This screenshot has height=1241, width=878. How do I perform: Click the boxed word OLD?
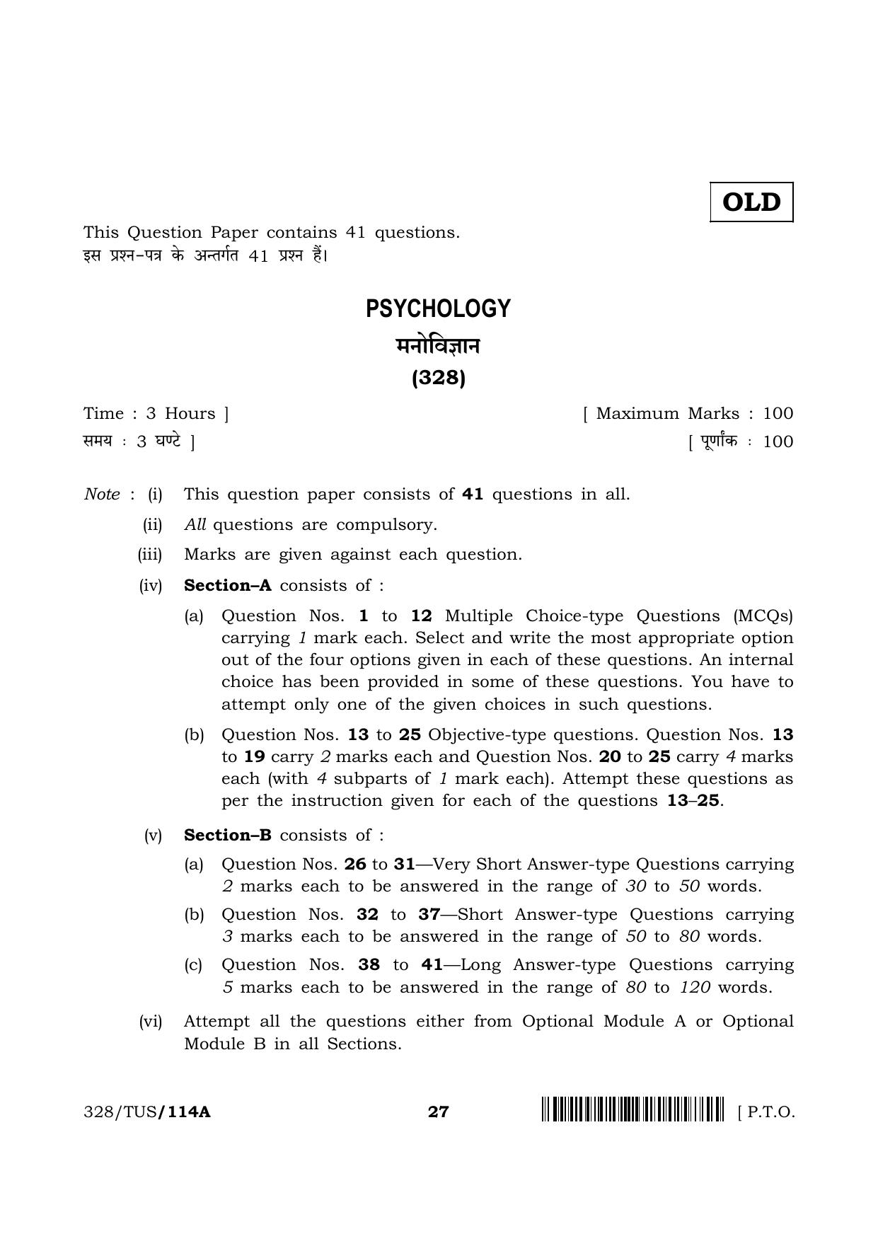(751, 202)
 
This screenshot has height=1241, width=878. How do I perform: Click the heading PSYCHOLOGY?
(438, 309)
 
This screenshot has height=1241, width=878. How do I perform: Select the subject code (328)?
(439, 379)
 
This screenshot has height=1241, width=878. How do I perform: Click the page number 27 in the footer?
(439, 1112)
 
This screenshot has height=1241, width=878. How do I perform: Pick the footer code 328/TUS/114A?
(147, 1112)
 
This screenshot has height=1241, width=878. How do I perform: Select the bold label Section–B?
(228, 835)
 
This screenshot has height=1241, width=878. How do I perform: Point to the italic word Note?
(102, 494)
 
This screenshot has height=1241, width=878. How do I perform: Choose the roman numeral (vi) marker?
(151, 1021)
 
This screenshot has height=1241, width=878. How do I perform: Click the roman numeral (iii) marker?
(150, 555)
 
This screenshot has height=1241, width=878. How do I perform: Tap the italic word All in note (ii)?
(195, 524)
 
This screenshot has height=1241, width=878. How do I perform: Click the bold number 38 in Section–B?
(369, 964)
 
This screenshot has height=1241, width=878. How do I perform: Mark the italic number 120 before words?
(695, 987)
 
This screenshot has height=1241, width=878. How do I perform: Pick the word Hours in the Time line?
(190, 413)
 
